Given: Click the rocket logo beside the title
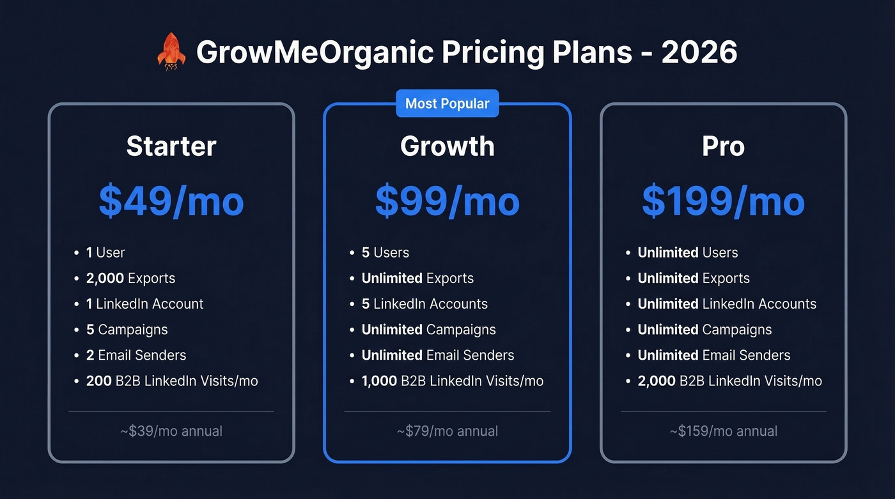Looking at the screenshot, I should [171, 52].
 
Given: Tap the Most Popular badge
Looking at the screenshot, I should [447, 104].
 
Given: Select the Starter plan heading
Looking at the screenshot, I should [171, 146].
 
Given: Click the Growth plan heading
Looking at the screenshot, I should [447, 146].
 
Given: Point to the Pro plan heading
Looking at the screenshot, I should [723, 146].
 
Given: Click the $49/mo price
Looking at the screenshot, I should [171, 201].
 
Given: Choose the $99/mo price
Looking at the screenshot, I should [447, 201].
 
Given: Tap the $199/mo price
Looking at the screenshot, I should [723, 201].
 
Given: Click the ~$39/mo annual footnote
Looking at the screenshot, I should [171, 431].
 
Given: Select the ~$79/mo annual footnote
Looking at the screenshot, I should [447, 431].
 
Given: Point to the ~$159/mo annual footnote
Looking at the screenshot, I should [723, 431].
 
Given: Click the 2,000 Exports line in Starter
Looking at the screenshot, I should [130, 279].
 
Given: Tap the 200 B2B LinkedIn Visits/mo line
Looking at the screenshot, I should [172, 381].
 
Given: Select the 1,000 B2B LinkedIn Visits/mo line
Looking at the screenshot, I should [453, 381].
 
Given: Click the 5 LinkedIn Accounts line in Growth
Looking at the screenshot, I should [424, 304].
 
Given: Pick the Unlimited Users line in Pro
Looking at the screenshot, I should [688, 252].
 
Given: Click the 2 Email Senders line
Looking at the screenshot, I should [136, 355].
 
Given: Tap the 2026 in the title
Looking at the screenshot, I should [699, 52].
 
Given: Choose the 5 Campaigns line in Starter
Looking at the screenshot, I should [127, 330].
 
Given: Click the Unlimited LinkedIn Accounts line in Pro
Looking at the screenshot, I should [727, 304].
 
